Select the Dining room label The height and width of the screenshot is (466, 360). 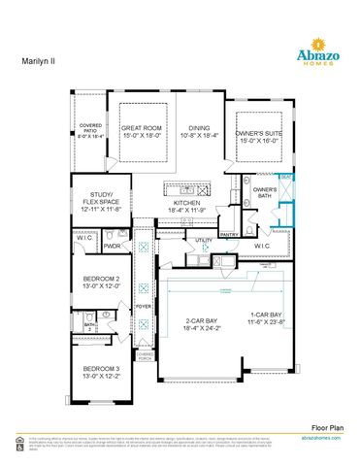point(199,128)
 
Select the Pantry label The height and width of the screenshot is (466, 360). point(229,234)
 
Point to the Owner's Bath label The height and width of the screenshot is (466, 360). point(266,192)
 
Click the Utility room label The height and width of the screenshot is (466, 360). point(204,240)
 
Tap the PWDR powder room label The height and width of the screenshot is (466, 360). point(113,246)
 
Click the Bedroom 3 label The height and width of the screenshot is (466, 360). point(100,371)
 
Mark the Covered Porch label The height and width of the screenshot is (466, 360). point(144,357)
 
